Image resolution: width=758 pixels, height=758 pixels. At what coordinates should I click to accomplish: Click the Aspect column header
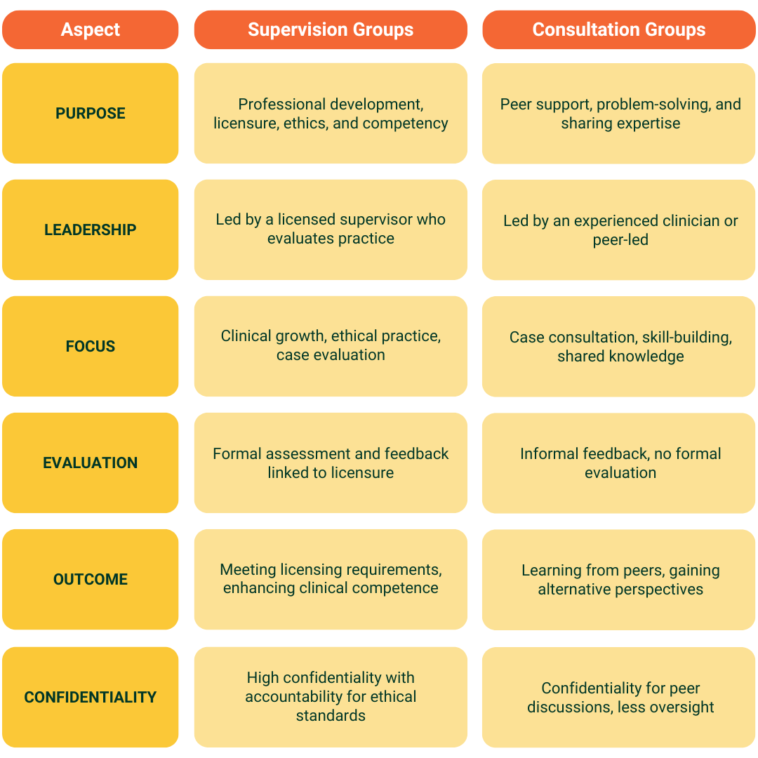[91, 29]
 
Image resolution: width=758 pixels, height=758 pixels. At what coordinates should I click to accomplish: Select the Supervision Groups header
[331, 29]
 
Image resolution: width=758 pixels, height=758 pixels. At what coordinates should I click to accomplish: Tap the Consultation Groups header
[618, 29]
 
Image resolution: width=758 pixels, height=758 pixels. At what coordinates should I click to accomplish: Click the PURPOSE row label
[91, 113]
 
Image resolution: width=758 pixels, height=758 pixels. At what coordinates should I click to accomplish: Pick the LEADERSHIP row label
[91, 230]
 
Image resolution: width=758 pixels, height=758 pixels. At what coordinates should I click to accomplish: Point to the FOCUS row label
[91, 346]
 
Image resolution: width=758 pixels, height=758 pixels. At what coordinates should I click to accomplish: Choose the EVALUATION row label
[91, 463]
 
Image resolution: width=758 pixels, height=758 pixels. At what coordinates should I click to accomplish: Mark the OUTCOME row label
[91, 579]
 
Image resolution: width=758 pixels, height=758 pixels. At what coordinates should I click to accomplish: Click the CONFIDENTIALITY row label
[91, 697]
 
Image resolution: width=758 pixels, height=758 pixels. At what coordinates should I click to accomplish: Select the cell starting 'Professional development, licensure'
[331, 114]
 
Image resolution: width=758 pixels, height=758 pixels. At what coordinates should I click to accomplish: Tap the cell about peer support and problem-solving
[620, 114]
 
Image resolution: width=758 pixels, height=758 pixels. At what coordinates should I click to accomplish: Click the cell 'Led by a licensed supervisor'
[331, 229]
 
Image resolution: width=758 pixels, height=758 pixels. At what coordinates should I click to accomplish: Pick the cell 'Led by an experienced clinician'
[620, 230]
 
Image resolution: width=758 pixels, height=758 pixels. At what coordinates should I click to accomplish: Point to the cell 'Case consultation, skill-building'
[620, 347]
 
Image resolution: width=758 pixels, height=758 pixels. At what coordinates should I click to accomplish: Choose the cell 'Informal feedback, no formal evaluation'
[620, 463]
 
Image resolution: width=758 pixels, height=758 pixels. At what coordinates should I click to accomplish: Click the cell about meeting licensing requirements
[331, 579]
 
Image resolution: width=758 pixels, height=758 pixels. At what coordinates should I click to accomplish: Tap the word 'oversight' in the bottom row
[681, 707]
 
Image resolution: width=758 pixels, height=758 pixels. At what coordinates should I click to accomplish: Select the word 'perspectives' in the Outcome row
[659, 590]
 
